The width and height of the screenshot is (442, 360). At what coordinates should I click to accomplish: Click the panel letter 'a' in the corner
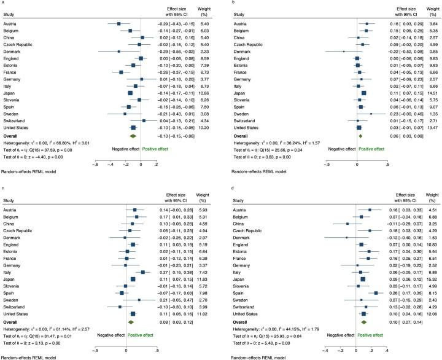(4, 4)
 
